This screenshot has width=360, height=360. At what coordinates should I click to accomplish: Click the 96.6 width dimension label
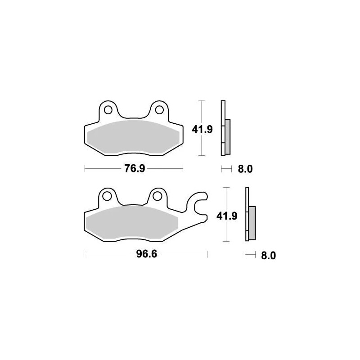[x=146, y=255]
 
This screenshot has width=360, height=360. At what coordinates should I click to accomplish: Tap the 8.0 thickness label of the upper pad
[x=245, y=169]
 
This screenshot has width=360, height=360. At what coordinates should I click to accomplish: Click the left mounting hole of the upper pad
[x=108, y=109]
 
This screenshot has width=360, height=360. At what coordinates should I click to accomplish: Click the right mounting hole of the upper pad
[x=158, y=109]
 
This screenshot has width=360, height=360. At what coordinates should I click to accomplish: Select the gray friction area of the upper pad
[x=134, y=135]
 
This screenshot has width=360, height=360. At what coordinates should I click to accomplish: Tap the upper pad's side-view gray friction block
[x=228, y=135]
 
